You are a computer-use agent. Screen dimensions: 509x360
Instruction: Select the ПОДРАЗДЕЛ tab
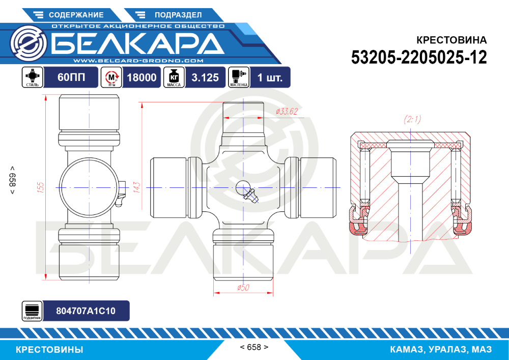tap(174, 15)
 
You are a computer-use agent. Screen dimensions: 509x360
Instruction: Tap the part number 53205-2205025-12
tap(419, 58)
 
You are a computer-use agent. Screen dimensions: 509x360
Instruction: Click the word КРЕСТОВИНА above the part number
tap(451, 40)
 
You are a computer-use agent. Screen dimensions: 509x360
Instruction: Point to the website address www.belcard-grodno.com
tap(138, 61)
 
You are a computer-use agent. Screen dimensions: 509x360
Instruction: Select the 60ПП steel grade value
tap(71, 77)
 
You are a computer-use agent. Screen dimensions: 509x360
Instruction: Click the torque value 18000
tap(142, 77)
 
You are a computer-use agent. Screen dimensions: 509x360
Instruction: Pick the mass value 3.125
tap(205, 77)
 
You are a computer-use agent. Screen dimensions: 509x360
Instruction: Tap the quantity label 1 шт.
tap(270, 77)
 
